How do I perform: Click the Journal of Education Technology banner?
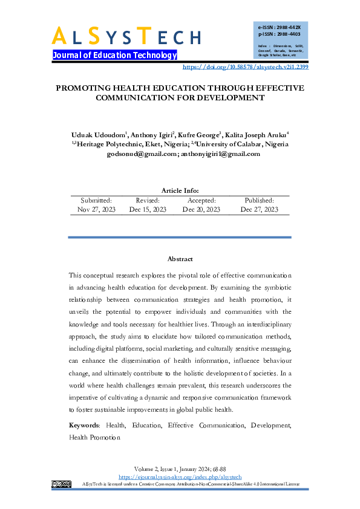pyautogui.click(x=114, y=55)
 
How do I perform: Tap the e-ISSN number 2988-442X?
pyautogui.click(x=280, y=28)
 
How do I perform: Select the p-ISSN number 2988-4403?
pyautogui.click(x=280, y=35)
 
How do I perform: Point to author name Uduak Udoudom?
pyautogui.click(x=97, y=134)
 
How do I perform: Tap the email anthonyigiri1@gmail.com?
pyautogui.click(x=221, y=154)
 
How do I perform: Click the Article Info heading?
pyautogui.click(x=180, y=191)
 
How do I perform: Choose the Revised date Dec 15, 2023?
pyautogui.click(x=148, y=209)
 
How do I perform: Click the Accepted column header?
pyautogui.click(x=201, y=200)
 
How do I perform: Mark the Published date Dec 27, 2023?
pyautogui.click(x=259, y=209)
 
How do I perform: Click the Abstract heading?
pyautogui.click(x=180, y=259)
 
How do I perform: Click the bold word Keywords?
pyautogui.click(x=83, y=426)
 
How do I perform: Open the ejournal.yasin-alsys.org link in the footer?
pyautogui.click(x=180, y=477)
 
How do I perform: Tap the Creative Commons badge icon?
pyautogui.click(x=62, y=484)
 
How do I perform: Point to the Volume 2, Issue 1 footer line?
pyautogui.click(x=180, y=469)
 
